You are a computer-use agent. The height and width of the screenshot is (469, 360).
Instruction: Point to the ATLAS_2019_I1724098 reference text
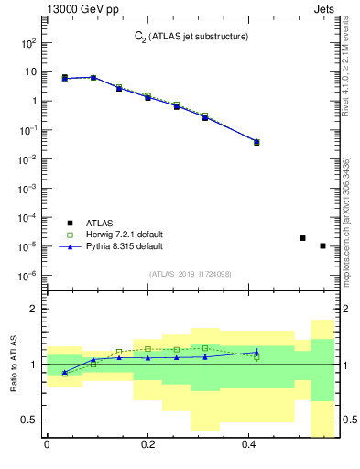click(190, 273)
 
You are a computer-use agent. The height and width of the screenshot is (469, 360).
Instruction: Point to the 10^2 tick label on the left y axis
click(27, 43)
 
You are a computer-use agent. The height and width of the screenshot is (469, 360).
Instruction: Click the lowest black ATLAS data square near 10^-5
click(322, 245)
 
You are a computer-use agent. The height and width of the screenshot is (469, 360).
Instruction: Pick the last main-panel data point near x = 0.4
click(256, 142)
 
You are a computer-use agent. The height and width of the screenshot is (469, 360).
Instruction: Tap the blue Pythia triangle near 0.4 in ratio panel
click(256, 352)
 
